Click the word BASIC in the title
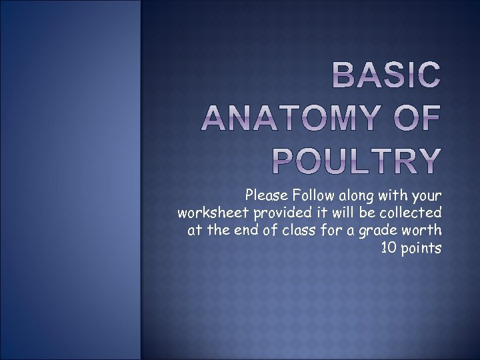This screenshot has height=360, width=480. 386,77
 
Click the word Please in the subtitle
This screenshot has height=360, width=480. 266,196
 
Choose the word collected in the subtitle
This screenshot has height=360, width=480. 414,213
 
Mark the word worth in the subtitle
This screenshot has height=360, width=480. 424,231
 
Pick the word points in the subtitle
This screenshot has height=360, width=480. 421,248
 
